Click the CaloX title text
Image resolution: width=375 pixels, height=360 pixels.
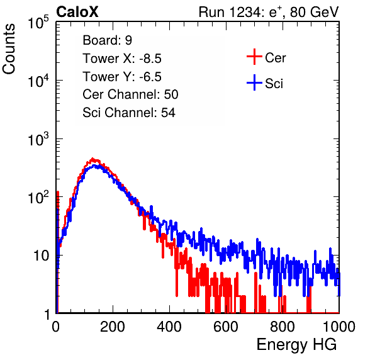coord(77,12)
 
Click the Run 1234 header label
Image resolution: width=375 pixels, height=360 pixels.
coord(269,12)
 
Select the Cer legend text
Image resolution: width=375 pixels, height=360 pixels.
coord(275,58)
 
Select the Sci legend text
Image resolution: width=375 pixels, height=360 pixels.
coord(274,84)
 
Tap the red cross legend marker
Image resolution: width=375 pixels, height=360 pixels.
coord(254,57)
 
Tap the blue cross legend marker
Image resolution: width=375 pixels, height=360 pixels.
coord(254,82)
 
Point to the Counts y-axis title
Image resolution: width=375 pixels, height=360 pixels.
coord(9,49)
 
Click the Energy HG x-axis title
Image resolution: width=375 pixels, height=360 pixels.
coord(296,345)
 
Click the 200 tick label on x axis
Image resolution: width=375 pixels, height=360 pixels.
coord(113,327)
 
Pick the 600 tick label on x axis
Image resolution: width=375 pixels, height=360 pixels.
coord(226,327)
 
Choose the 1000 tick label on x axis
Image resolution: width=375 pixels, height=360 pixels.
coord(339,327)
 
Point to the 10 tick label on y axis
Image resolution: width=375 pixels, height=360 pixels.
coord(41,256)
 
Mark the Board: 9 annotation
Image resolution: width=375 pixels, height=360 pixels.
coord(107,40)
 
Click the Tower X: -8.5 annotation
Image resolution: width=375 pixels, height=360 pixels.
coord(122,59)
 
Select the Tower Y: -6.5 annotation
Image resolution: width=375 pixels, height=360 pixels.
coord(122,77)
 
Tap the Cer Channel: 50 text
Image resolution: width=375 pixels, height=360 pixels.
coord(130,94)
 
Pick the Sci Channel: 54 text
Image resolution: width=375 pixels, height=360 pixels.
coord(129,113)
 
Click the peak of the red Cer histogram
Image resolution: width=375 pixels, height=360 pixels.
coord(92,159)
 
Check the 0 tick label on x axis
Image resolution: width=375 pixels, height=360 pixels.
coord(56,327)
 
